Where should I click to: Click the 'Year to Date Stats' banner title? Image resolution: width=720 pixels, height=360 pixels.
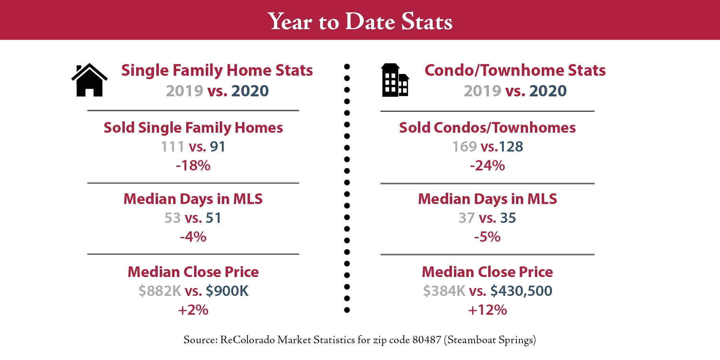click(360, 21)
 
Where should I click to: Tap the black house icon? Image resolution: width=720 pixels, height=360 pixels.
click(89, 80)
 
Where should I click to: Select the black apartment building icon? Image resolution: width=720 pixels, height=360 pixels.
click(395, 80)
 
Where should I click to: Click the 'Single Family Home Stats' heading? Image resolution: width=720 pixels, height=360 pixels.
click(217, 70)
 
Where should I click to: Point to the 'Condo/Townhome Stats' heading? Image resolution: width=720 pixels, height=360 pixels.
click(515, 70)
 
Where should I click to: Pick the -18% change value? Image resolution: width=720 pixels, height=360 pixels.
click(193, 166)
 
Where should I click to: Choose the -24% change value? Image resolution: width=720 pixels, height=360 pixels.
click(487, 166)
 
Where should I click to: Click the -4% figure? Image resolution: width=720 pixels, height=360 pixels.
click(193, 237)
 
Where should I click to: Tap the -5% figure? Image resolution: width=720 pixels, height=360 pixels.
click(487, 237)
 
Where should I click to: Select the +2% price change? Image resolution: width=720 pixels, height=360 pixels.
click(193, 310)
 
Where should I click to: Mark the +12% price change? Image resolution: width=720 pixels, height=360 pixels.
click(487, 310)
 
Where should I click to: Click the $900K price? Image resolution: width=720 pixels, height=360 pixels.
click(227, 291)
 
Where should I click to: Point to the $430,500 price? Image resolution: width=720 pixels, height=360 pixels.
click(521, 291)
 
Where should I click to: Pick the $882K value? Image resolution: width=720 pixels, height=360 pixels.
click(160, 291)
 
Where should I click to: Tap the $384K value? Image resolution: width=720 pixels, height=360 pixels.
click(444, 291)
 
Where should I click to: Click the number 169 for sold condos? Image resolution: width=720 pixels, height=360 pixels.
click(465, 147)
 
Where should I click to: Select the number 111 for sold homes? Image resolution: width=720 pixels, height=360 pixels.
click(173, 147)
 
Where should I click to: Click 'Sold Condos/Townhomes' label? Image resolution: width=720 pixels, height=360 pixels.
click(487, 128)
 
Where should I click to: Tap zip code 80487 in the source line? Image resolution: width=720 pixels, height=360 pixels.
click(427, 340)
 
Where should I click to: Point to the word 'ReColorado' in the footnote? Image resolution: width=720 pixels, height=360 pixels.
click(247, 340)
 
